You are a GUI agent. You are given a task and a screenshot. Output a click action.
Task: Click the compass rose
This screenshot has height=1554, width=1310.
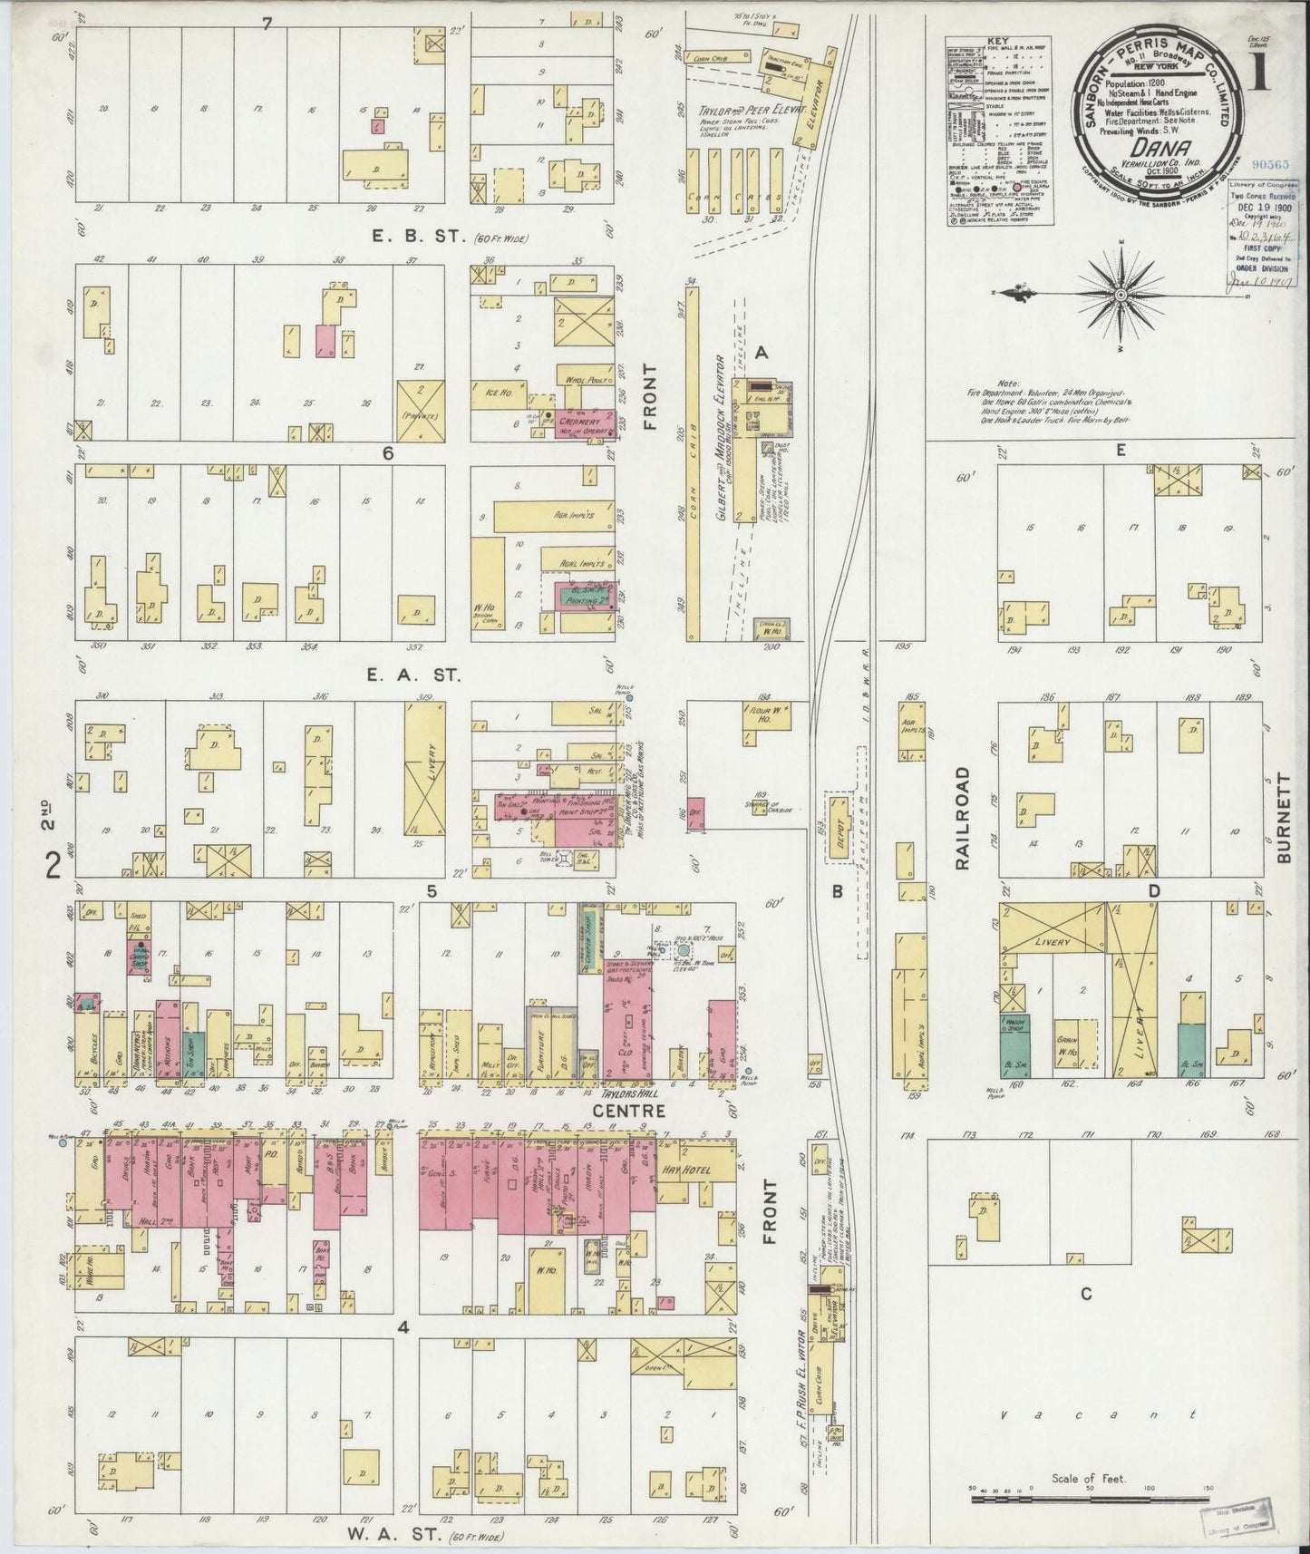click(1121, 295)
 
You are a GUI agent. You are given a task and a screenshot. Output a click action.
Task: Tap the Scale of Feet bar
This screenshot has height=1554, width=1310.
click(1088, 1499)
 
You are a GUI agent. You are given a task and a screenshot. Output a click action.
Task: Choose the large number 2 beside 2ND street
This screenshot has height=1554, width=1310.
click(53, 868)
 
